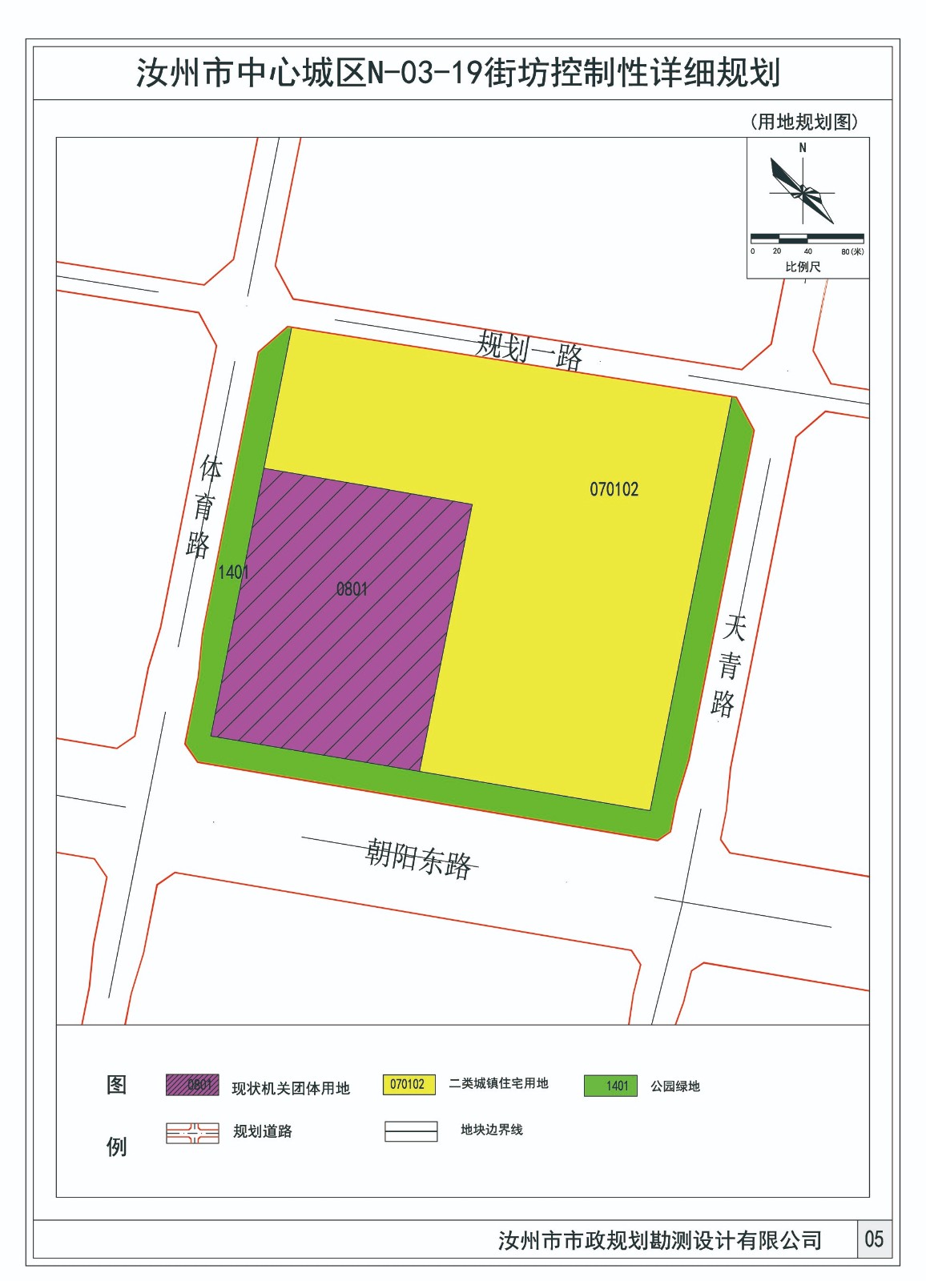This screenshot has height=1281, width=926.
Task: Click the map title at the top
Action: click(458, 73)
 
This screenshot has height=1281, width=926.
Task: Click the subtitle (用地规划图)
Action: click(804, 122)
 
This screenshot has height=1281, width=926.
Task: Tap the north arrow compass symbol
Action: click(803, 191)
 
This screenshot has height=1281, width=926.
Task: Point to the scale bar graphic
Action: click(807, 239)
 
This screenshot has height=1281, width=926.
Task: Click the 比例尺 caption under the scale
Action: click(803, 267)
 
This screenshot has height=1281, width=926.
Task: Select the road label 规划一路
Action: click(529, 350)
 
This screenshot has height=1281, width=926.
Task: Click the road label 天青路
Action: click(728, 665)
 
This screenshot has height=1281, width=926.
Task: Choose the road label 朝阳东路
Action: click(419, 859)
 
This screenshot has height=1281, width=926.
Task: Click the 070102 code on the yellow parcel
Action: click(614, 489)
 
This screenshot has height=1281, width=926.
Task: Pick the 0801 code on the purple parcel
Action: click(352, 589)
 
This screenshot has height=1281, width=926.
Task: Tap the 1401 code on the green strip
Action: click(233, 572)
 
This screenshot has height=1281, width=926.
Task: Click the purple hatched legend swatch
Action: click(192, 1085)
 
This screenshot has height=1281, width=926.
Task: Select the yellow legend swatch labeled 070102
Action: click(409, 1084)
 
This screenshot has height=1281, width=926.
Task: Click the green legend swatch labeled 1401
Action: click(610, 1086)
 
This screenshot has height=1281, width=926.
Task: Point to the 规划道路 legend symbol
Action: click(192, 1133)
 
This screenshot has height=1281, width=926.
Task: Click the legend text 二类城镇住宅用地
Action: click(498, 1083)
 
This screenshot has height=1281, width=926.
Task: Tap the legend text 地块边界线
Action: click(491, 1130)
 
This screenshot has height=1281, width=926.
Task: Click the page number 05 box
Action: click(874, 1239)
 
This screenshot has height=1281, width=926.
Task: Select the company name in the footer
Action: click(660, 1240)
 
